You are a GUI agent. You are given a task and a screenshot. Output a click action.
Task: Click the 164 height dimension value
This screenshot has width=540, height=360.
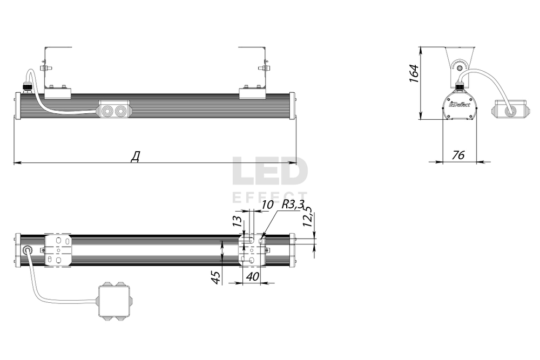click(x=414, y=73)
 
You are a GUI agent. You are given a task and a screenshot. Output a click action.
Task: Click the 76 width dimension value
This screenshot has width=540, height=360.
click(x=458, y=155)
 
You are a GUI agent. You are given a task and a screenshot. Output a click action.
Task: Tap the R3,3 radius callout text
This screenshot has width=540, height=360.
click(x=293, y=205)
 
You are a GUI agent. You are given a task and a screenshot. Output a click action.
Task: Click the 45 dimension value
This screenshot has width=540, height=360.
click(x=215, y=277)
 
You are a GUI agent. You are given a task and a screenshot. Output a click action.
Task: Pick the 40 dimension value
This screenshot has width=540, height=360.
click(x=252, y=276)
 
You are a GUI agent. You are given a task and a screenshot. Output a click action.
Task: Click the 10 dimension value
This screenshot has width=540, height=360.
click(x=267, y=205)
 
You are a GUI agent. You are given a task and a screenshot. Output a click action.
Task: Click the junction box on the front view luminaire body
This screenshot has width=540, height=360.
click(x=114, y=110)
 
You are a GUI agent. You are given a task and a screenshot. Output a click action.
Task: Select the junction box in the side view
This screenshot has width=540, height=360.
click(x=510, y=110)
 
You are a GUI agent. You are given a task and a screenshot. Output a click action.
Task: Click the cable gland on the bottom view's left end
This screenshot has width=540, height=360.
click(x=28, y=250)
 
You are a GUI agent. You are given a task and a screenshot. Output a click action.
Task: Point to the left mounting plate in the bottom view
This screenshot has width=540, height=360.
click(x=58, y=250)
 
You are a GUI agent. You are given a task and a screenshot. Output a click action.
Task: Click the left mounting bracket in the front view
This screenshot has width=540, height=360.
click(x=57, y=73)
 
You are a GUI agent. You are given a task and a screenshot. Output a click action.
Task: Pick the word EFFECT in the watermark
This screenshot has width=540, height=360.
click(x=269, y=197)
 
